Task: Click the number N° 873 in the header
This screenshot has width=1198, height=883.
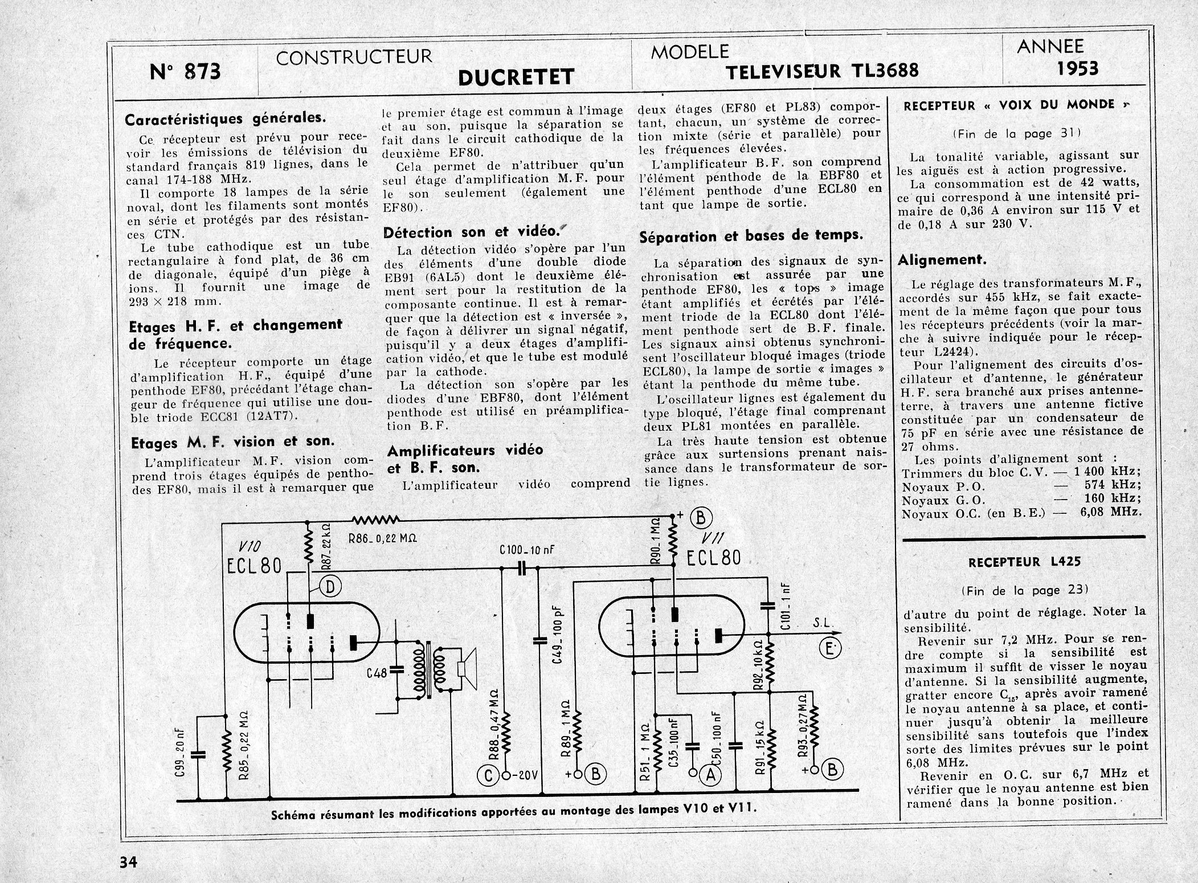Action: (x=185, y=73)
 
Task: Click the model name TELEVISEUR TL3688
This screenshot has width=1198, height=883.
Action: (x=823, y=72)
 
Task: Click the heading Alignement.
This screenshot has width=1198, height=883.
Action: (x=942, y=260)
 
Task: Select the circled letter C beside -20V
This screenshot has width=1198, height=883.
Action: (x=488, y=774)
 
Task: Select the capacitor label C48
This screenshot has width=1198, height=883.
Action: (x=377, y=673)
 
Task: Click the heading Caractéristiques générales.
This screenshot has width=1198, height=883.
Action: (x=226, y=119)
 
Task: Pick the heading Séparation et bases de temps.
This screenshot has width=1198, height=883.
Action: (x=751, y=236)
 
